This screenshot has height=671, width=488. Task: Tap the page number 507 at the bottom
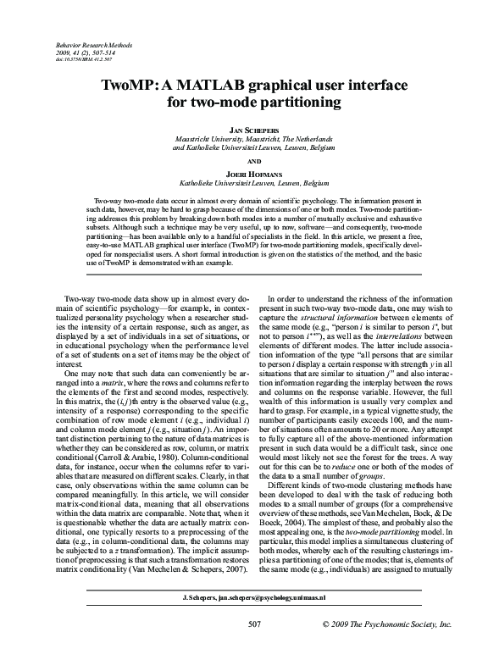pyautogui.click(x=252, y=648)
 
